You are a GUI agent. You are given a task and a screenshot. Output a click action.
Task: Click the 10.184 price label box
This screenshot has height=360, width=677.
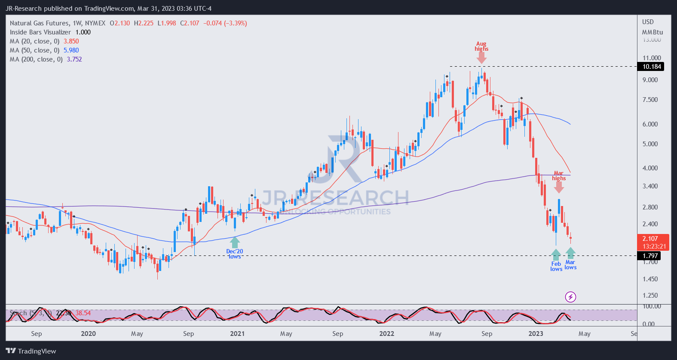pos(652,67)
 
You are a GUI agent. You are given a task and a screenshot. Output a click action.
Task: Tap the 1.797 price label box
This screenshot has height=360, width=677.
pos(650,256)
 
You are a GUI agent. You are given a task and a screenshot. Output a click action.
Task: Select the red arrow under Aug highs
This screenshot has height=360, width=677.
pos(481,58)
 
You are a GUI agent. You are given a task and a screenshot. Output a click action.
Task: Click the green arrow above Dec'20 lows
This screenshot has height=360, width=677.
pos(235,243)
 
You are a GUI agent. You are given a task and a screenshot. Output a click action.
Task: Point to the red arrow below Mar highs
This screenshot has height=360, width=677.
pos(559,187)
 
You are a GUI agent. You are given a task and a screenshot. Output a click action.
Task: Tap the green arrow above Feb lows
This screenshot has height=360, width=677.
pos(556,254)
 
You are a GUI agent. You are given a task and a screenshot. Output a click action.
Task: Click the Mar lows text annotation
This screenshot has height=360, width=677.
pos(570,265)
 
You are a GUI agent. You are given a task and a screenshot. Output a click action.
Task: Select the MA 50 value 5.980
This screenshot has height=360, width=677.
pos(71,50)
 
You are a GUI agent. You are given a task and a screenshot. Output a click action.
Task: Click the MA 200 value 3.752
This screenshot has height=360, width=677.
pos(74,59)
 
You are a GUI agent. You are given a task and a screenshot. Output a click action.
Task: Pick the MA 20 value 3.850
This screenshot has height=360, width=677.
pos(71,41)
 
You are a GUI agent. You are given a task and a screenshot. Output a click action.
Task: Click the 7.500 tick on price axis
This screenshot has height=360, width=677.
pos(650,100)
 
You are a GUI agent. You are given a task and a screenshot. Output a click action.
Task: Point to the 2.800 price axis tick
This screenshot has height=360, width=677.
pos(650,207)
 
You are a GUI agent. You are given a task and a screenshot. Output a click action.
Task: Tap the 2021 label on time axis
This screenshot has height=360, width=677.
pos(237,334)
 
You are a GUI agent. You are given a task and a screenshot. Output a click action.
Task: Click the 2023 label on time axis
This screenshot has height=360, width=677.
pos(536,334)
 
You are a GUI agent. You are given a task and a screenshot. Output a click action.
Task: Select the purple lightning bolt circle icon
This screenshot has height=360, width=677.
pos(570,297)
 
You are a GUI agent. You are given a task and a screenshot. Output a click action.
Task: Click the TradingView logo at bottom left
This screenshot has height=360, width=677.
pos(31,351)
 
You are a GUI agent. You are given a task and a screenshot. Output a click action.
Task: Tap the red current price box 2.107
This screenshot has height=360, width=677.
pos(653,242)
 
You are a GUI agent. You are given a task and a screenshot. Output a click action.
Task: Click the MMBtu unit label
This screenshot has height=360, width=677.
pos(652,32)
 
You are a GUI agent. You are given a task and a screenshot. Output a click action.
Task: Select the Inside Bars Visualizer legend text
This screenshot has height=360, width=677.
pos(40,32)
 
